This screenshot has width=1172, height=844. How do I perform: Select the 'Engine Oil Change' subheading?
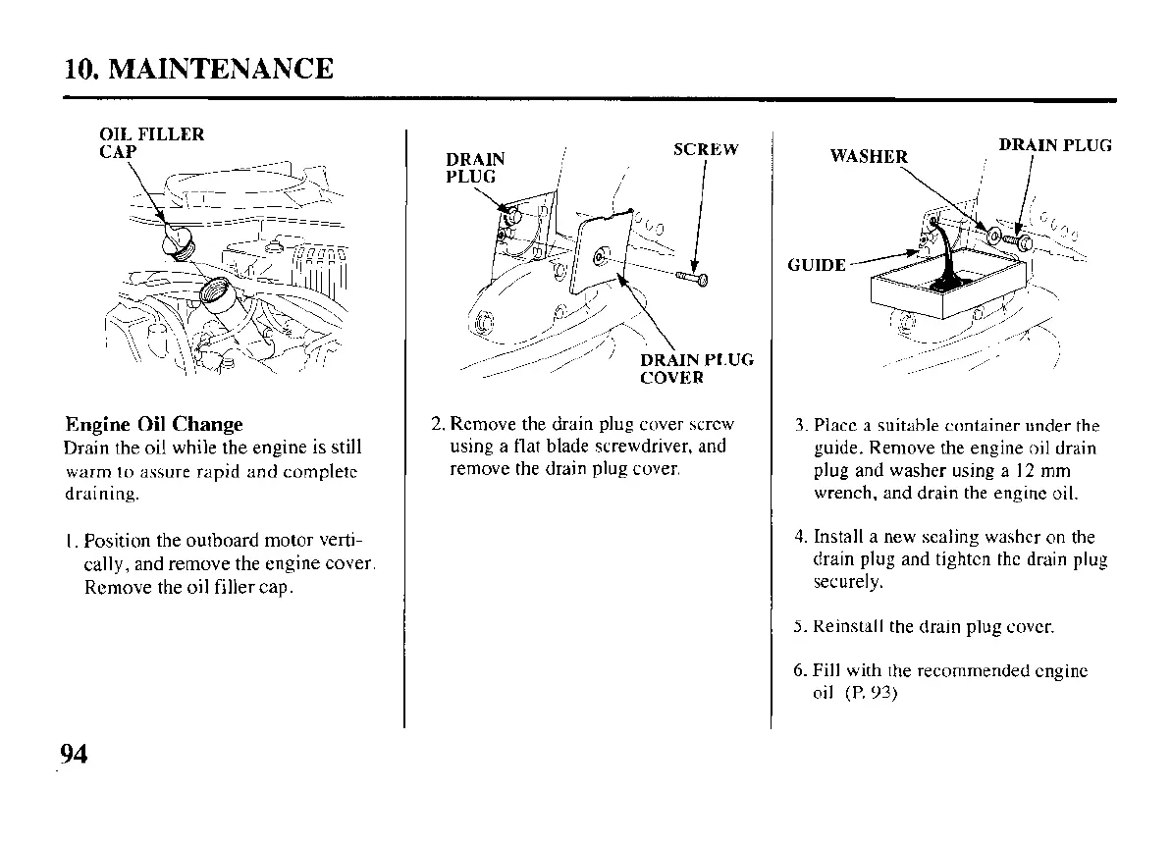point(153,425)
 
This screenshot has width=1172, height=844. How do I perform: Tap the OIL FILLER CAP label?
point(151,144)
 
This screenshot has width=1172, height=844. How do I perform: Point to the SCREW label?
point(706,149)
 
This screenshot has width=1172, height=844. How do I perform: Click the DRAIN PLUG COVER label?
point(697,368)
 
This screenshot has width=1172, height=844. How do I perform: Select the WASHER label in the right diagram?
point(869,156)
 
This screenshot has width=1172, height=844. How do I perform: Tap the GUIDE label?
point(817,265)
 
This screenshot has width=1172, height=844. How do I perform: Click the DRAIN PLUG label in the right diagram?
point(1055,145)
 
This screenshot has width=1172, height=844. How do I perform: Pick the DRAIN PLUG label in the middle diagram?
point(476,167)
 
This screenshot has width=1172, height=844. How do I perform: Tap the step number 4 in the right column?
point(800,537)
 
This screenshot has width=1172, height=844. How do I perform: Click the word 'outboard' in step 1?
point(194,542)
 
